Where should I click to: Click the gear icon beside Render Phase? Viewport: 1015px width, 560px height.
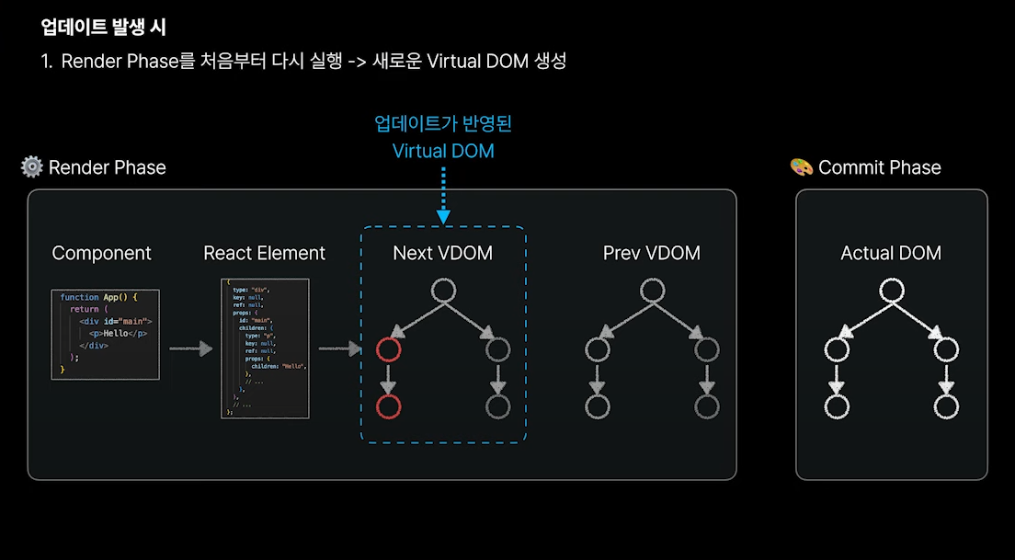click(x=32, y=166)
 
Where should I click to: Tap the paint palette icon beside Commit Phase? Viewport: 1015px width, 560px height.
click(x=802, y=166)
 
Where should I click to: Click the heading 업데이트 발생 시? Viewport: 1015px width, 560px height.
click(x=103, y=27)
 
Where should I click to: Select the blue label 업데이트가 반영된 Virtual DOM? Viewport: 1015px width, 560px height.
click(x=443, y=137)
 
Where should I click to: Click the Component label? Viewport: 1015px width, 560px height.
click(x=101, y=253)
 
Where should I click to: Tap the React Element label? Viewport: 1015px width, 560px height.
click(x=264, y=253)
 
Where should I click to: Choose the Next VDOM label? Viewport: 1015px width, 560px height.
click(x=442, y=253)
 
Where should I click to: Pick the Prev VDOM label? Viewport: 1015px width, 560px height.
click(x=651, y=253)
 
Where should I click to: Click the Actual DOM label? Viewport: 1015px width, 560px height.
click(x=891, y=253)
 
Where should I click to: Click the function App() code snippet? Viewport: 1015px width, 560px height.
click(x=106, y=334)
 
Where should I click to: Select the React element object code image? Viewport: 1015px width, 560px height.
click(x=265, y=348)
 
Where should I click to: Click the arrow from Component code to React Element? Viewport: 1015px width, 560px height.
click(x=190, y=349)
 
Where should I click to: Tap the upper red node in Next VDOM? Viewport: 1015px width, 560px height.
click(x=389, y=349)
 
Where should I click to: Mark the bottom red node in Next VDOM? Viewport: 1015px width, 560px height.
click(x=389, y=406)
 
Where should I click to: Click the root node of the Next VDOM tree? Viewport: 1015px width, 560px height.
click(x=443, y=291)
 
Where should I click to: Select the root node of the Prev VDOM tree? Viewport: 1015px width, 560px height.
click(x=652, y=291)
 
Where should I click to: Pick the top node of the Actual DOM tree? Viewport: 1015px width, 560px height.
click(x=890, y=291)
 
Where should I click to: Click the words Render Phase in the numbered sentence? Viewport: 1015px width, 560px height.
click(x=117, y=62)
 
